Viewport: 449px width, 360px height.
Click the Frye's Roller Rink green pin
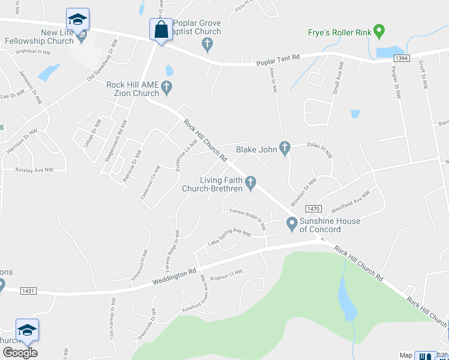(379, 29)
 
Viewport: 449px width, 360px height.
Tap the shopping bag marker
(161, 30)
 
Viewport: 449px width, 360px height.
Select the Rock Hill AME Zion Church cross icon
(167, 89)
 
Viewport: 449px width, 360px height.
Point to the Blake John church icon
(285, 148)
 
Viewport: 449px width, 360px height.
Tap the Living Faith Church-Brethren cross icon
(250, 181)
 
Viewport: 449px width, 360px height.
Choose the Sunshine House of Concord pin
(292, 224)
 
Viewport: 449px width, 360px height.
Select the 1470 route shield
(314, 209)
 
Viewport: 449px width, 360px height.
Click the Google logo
(20, 353)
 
